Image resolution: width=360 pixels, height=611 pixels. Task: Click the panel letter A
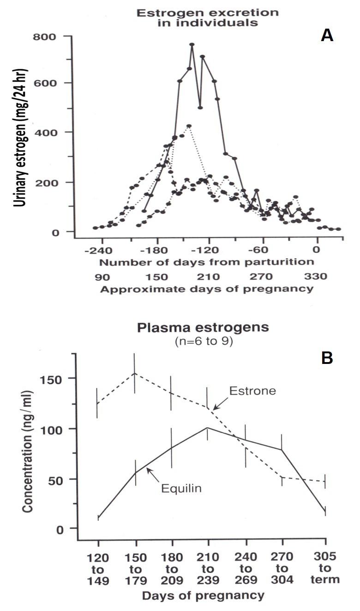(327, 36)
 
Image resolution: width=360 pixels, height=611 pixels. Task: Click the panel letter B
(327, 358)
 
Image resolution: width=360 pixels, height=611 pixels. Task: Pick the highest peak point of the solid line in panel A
(192, 44)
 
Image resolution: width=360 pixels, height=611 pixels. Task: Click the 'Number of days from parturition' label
(207, 262)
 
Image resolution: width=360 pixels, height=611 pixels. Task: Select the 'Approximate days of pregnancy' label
(207, 290)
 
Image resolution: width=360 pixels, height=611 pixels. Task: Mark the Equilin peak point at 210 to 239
(208, 428)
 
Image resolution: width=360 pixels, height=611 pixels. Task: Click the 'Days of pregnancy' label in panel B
(203, 595)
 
